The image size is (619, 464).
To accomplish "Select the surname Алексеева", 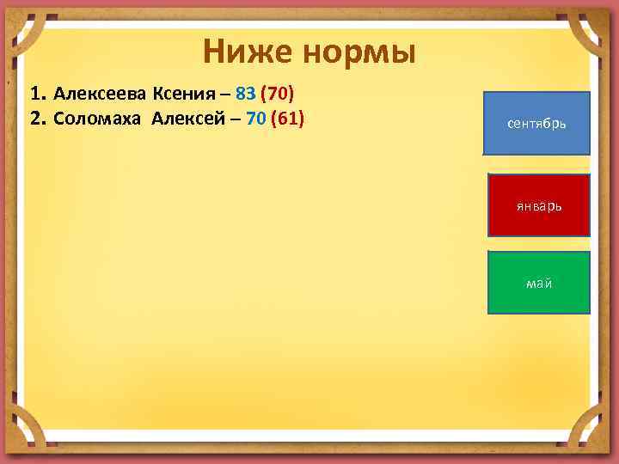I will pos(99,93).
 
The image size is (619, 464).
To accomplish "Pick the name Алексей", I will pos(183,118).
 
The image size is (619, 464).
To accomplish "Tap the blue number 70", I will pos(255,118).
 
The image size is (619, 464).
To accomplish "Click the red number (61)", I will pos(287,118).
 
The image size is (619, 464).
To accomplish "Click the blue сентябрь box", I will pos(536,124).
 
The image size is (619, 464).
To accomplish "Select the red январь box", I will pos(539,205).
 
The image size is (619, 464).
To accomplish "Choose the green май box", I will pos(539,283).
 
